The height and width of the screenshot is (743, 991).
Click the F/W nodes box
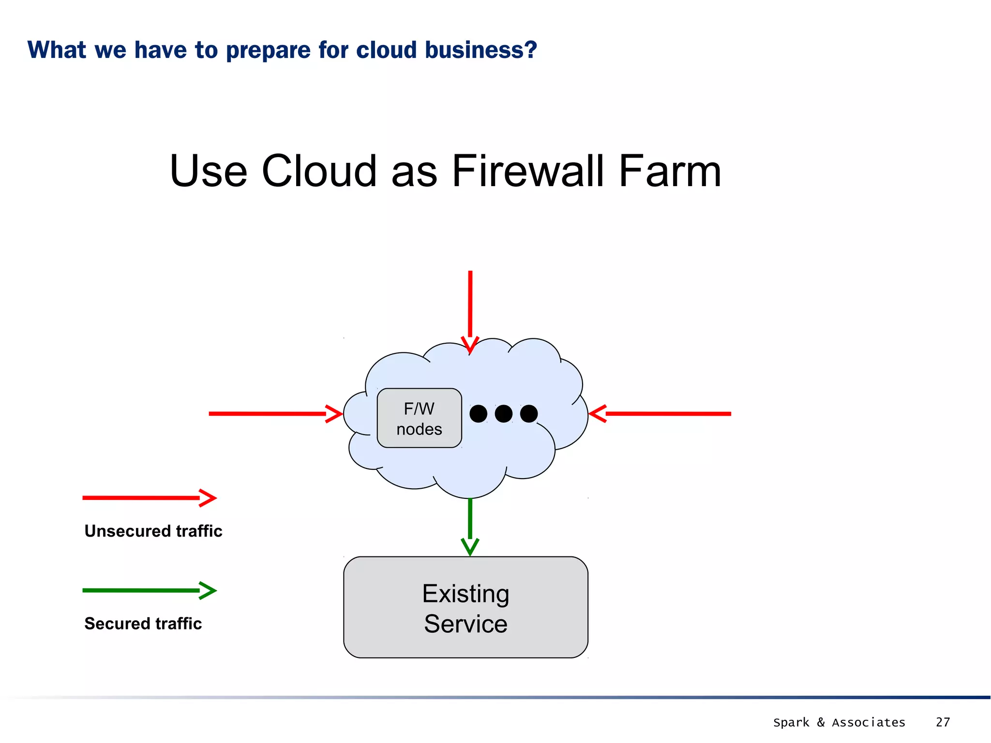point(419,418)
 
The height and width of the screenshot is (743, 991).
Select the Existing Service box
point(465,608)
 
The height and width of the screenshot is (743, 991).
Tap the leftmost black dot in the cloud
point(478,414)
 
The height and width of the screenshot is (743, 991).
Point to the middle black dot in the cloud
point(503,414)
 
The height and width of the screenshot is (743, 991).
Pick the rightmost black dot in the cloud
point(529,414)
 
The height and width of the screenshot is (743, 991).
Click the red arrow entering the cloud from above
point(470,309)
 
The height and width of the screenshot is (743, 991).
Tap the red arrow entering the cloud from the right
point(663,414)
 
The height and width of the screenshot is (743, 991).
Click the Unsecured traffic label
point(153,531)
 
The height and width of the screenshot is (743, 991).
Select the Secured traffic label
point(143,624)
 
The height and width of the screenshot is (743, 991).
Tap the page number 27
point(943,722)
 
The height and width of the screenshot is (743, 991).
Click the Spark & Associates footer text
point(839,722)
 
